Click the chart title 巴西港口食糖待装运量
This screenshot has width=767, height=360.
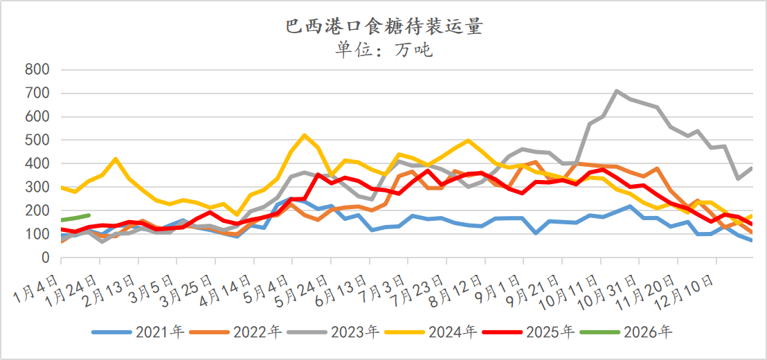tap(383, 27)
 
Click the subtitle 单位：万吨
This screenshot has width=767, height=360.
tap(383, 49)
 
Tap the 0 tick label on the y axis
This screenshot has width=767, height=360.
tap(45, 258)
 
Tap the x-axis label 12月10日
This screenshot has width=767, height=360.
tap(690, 285)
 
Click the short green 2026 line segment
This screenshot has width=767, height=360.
tap(76, 218)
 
